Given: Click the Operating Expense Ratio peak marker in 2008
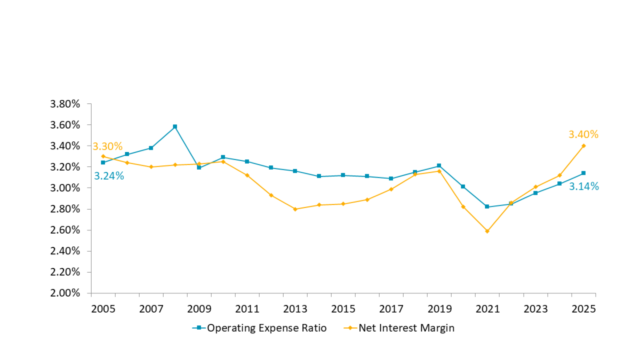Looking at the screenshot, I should point(175,126).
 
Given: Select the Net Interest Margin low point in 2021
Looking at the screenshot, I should point(487,231).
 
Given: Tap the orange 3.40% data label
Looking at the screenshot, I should point(583,134).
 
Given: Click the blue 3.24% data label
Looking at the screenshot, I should point(109,176).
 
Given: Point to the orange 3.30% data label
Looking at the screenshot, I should point(107,146).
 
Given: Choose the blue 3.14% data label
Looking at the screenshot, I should point(583,187).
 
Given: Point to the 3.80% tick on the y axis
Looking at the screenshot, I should point(65,104).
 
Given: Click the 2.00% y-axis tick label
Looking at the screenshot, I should point(65,293).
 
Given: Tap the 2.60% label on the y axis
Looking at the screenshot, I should point(65,230).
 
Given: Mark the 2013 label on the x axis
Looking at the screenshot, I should point(295,309).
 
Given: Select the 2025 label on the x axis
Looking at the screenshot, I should point(583,309).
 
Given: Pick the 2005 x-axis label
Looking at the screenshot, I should point(103,309).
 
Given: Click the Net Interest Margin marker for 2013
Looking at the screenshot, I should point(295,209).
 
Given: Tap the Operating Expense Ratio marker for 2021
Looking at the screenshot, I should point(487,206).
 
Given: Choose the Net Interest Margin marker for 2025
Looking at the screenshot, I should point(583,146).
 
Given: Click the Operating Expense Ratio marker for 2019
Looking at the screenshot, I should point(439,165).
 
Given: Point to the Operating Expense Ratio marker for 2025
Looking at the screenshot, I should point(583,173).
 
